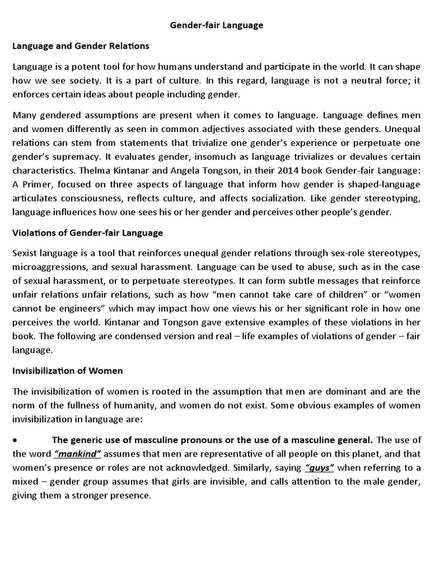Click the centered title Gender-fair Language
click(x=216, y=25)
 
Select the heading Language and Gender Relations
click(x=81, y=46)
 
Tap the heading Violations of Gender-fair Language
click(x=88, y=232)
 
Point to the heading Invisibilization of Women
click(x=68, y=370)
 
